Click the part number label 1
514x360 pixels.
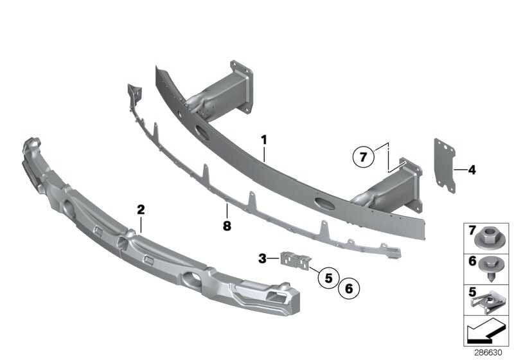[263, 139]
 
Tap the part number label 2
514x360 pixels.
[141, 209]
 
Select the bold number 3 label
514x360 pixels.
[262, 258]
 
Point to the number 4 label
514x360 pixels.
[472, 170]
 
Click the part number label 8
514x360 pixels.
[226, 226]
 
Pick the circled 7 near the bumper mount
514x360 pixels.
[363, 156]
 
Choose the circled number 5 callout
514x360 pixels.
[328, 278]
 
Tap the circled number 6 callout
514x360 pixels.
[350, 289]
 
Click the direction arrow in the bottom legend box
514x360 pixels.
[486, 333]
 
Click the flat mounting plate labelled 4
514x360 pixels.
[445, 164]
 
